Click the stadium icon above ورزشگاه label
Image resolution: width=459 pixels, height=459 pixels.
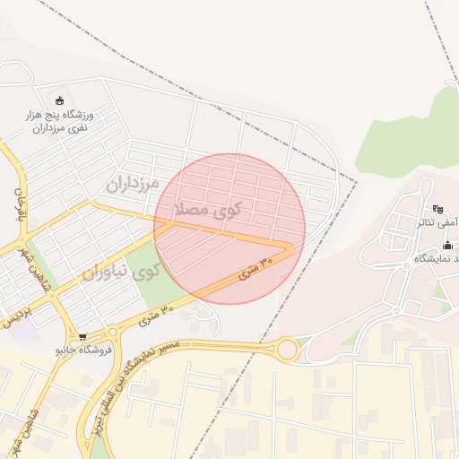(x=60, y=100)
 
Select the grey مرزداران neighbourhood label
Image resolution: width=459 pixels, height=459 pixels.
(x=132, y=184)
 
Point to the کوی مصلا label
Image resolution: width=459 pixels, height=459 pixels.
(x=209, y=211)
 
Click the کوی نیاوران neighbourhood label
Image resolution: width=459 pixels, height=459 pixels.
(x=122, y=270)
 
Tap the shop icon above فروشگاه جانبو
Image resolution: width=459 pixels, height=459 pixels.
(x=83, y=337)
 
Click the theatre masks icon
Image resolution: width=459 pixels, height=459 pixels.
(x=437, y=208)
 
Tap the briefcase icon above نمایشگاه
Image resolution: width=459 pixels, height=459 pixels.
(x=447, y=245)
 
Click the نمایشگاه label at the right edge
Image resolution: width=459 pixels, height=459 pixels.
(x=437, y=258)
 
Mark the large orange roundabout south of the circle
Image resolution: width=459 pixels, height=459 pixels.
(x=288, y=349)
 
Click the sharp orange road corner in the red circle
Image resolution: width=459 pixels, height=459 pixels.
(x=290, y=247)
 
